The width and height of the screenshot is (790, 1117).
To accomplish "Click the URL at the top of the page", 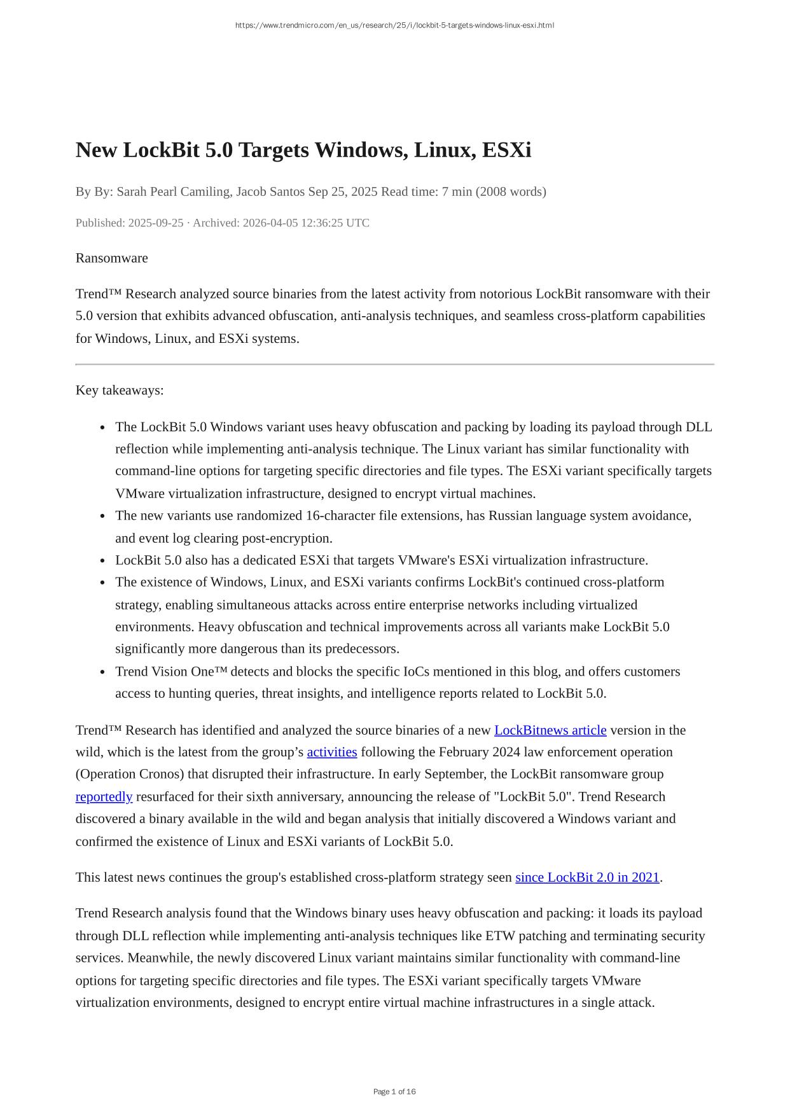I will (394, 25).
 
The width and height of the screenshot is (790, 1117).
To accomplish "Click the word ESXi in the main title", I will (506, 150).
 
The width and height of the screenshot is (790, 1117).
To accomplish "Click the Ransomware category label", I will (112, 258).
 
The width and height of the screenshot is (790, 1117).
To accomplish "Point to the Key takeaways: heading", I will (120, 390).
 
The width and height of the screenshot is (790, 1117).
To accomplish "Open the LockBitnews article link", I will (550, 730).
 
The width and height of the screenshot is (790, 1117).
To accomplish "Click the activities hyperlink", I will (332, 752).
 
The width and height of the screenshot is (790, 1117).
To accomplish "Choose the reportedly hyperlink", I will (104, 796).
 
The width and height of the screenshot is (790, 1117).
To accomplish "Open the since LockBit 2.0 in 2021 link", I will (587, 877).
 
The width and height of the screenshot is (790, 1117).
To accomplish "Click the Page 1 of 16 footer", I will (394, 1092).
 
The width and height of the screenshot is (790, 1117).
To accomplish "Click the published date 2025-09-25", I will (156, 223).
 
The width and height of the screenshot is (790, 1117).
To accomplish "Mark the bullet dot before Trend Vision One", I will (103, 672).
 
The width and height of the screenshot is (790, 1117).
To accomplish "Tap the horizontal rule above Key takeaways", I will (394, 364).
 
